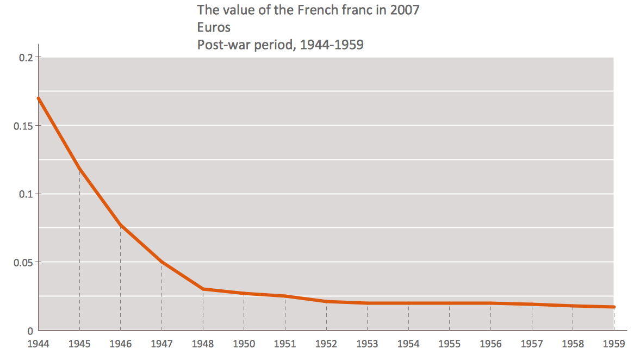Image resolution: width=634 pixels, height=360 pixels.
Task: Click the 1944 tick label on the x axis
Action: (x=38, y=344)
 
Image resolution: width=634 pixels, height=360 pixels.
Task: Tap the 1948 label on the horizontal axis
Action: (x=203, y=344)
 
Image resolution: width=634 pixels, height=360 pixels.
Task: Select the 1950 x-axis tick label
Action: (x=244, y=344)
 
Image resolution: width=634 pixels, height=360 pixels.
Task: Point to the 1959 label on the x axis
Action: (x=614, y=344)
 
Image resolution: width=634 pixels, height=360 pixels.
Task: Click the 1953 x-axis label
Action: (x=367, y=344)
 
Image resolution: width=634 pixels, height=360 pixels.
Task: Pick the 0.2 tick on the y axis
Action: (x=26, y=58)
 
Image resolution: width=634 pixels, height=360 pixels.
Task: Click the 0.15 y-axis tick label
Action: (x=23, y=126)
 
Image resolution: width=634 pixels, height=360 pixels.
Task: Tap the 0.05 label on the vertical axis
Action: (x=23, y=263)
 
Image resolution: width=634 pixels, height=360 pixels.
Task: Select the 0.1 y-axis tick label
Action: (x=26, y=194)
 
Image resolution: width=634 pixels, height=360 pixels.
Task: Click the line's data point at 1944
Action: (x=39, y=98)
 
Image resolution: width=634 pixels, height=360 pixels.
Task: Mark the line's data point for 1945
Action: (x=79, y=169)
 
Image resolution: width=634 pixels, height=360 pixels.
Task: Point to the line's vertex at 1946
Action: (x=121, y=225)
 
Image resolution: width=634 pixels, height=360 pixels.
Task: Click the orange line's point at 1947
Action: (x=161, y=262)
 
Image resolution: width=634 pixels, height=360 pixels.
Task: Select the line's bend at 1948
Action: (x=203, y=289)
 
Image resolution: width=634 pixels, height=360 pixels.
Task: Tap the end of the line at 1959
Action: (x=614, y=307)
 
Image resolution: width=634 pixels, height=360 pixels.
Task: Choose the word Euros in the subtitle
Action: (x=214, y=27)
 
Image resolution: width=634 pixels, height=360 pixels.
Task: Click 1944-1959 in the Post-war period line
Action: (x=332, y=45)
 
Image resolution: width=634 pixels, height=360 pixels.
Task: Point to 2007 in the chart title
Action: (x=405, y=10)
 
